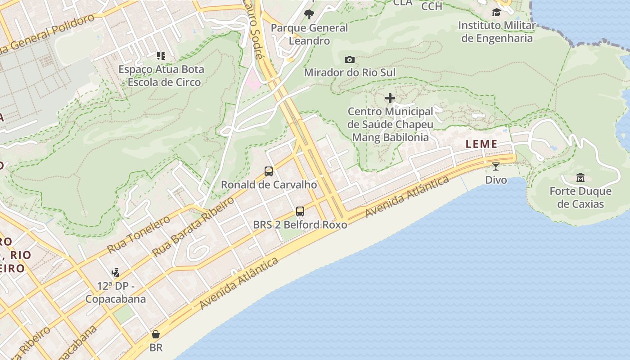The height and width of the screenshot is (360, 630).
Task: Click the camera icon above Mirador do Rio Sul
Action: click(x=350, y=59)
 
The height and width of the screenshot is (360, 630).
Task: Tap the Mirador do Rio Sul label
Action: click(x=350, y=72)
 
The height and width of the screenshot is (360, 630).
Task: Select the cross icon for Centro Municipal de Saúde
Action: click(x=390, y=98)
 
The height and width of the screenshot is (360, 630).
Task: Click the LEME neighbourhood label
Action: click(x=481, y=144)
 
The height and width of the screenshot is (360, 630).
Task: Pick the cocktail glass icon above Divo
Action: click(x=496, y=166)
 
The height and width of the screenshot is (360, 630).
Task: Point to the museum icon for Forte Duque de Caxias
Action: click(x=580, y=178)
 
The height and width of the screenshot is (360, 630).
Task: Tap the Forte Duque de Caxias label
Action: click(x=580, y=198)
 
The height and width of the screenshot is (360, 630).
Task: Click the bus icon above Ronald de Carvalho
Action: click(x=269, y=171)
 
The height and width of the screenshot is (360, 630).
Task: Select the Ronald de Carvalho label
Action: click(x=269, y=185)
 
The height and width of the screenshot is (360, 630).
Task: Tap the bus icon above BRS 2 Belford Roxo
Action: click(x=300, y=211)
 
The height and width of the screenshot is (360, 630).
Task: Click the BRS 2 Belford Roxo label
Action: click(x=300, y=225)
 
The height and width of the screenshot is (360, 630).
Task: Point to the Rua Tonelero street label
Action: click(x=139, y=234)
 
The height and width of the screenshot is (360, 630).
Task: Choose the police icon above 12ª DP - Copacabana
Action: click(x=116, y=272)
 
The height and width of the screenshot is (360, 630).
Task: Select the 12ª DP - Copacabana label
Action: click(x=116, y=292)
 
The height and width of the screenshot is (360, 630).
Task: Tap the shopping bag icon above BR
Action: click(x=156, y=334)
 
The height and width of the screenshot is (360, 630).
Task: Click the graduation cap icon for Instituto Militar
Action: click(x=496, y=12)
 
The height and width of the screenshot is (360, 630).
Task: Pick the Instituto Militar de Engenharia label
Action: click(x=497, y=31)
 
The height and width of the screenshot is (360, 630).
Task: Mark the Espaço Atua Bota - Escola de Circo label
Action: click(x=161, y=76)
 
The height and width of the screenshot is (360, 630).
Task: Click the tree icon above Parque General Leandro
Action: click(x=309, y=14)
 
